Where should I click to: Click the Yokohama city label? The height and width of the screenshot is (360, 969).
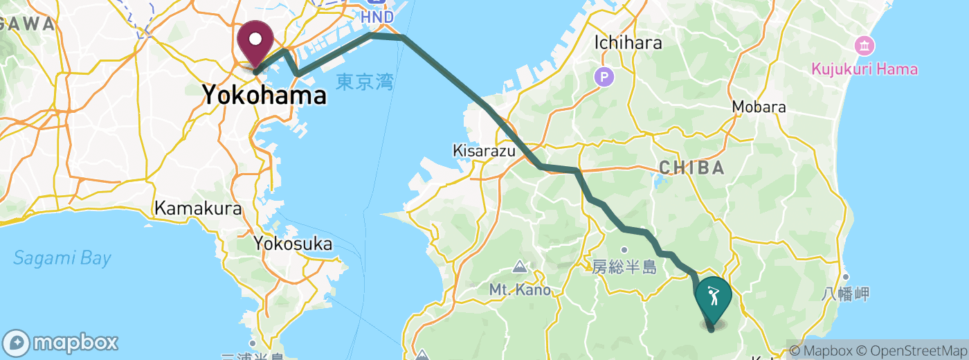(264, 96)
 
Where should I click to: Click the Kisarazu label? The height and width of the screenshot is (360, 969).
(484, 150)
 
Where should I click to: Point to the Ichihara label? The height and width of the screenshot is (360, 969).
(628, 43)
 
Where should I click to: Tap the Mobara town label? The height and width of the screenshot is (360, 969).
(759, 107)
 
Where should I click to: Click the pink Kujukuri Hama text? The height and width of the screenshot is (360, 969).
(865, 69)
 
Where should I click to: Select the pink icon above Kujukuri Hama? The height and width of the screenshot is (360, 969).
(865, 46)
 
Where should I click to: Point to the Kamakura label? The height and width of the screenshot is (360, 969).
(198, 208)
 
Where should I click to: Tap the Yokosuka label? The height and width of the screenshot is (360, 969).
(292, 244)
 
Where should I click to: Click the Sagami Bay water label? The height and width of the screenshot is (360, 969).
(62, 259)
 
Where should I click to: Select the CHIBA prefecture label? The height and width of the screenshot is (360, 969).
(691, 168)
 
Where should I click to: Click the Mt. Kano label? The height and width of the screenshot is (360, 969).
(520, 289)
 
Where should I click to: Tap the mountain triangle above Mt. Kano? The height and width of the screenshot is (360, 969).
(520, 267)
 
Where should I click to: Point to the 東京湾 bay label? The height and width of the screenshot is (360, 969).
(365, 83)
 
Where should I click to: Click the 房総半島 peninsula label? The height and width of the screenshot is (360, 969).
(624, 267)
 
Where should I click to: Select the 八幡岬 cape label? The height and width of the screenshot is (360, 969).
(845, 294)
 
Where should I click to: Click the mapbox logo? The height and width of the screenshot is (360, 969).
(61, 343)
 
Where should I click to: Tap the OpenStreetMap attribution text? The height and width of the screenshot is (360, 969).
(909, 351)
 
